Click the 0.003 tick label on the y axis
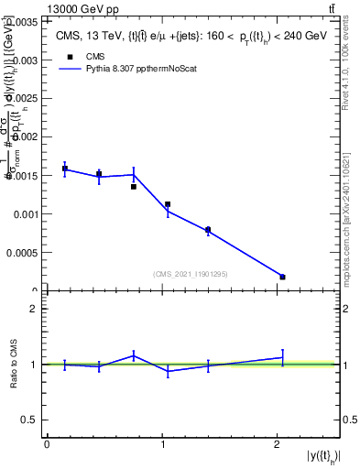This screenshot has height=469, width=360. pyautogui.click(x=23, y=59)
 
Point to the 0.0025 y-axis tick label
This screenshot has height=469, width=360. pyautogui.click(x=20, y=98)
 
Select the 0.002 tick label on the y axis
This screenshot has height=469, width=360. pyautogui.click(x=23, y=136)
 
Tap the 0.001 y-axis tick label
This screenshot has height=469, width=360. pyautogui.click(x=23, y=214)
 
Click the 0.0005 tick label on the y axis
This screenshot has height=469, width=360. pyautogui.click(x=20, y=253)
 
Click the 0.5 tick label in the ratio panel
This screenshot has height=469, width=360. pyautogui.click(x=30, y=420)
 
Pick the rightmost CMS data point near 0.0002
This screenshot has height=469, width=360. pyautogui.click(x=282, y=277)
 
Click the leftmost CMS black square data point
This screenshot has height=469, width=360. pyautogui.click(x=65, y=169)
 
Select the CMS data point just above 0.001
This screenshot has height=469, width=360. pyautogui.click(x=168, y=204)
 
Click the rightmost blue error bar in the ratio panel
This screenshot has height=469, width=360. pyautogui.click(x=282, y=357)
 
